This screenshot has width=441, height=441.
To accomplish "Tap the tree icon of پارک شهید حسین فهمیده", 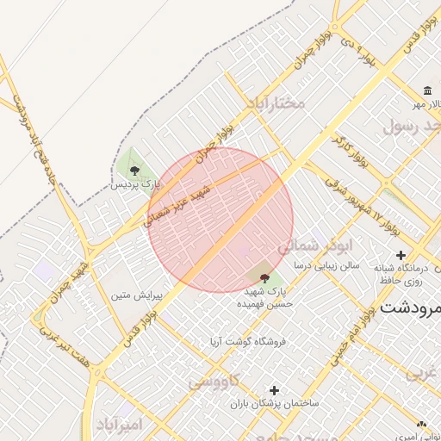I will coord(264,278).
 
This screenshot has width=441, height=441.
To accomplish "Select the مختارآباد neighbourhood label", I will coord(276,103).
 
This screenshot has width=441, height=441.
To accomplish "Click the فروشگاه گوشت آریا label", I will coord(246,341).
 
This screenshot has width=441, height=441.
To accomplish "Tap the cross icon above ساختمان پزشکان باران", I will coord(274,390).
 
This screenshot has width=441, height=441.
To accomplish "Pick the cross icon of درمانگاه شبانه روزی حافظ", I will coord(401,255).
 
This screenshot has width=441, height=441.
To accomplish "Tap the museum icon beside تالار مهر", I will coord(427,91).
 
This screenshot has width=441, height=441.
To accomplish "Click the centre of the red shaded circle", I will coord(220,220).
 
